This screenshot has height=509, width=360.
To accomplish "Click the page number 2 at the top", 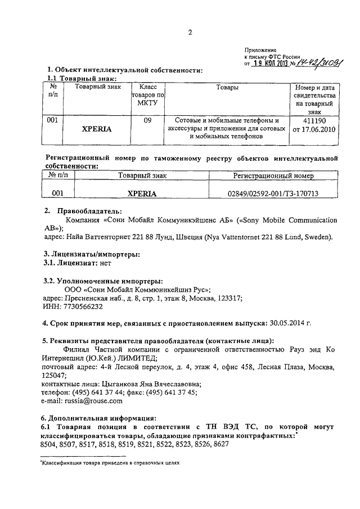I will pyautogui.click(x=190, y=32).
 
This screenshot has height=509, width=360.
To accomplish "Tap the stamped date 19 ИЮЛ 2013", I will pyautogui.click(x=270, y=64).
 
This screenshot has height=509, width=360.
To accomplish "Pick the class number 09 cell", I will pyautogui.click(x=147, y=120).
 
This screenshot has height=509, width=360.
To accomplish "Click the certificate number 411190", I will pyautogui.click(x=313, y=120).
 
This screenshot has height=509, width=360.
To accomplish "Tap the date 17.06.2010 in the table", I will pyautogui.click(x=319, y=129).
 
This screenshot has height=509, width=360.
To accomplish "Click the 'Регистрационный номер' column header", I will pyautogui.click(x=273, y=176).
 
